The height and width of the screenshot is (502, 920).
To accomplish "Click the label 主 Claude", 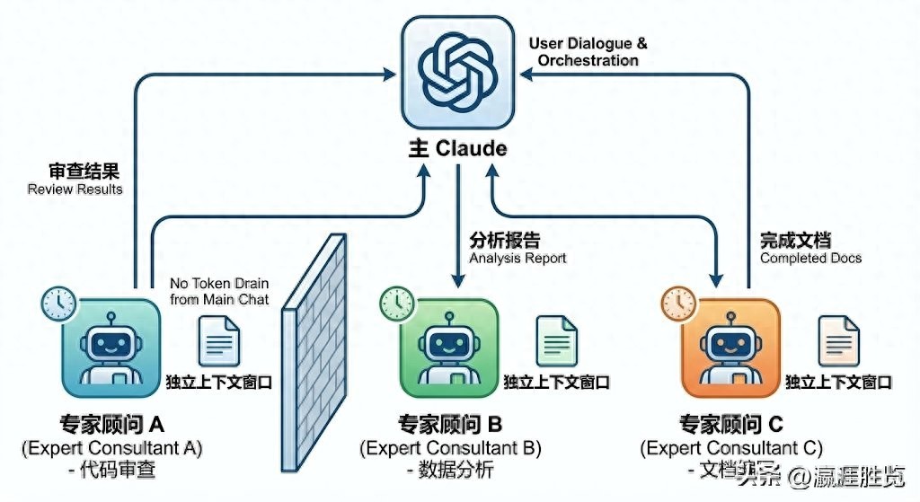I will point(459,149).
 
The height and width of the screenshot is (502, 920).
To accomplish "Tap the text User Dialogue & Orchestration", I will point(588,52).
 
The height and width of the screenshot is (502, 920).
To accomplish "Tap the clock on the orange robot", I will point(678,304).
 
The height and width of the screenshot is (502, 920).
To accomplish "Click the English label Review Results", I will point(75,189).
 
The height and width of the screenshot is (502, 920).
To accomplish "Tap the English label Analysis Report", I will point(518,258).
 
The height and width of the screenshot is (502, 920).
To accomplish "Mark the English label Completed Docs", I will point(810,258).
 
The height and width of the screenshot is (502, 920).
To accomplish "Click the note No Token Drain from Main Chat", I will point(219,292).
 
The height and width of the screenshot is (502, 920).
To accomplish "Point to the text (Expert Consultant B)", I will point(450,447).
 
